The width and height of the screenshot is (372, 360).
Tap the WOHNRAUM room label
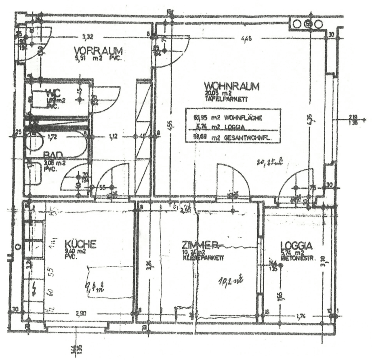231,86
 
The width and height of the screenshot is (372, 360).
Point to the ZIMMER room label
200,244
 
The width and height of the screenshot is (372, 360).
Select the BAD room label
53,155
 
